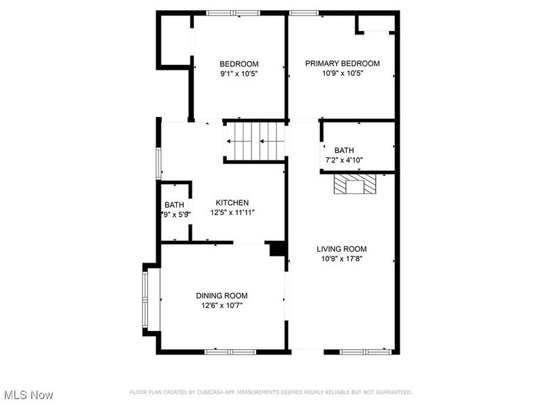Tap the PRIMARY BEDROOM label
point(342,64)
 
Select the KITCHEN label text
point(232,203)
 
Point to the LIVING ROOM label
point(342,248)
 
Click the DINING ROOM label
point(222,296)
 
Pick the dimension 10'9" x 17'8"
point(342,258)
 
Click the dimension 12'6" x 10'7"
point(222,306)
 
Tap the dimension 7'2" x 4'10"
point(344,160)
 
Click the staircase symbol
point(254,141)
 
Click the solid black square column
point(276,249)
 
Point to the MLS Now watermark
point(28,394)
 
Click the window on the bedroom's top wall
point(232,13)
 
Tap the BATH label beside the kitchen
point(174,205)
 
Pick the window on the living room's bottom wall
point(366,351)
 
